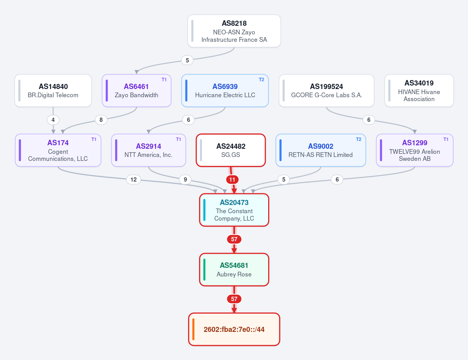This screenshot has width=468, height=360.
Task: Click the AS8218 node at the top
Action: pos(234,31)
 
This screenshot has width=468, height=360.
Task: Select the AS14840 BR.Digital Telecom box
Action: pos(53,91)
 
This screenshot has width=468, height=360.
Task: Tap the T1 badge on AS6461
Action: pos(164,80)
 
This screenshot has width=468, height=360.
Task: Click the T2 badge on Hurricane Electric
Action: pos(261,80)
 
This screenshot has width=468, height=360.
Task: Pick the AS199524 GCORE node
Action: pos(327,91)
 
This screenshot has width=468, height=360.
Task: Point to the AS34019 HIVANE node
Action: pos(419,91)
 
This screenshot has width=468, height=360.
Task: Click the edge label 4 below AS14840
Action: pos(53,120)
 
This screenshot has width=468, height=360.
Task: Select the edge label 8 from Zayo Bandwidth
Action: pos(101,120)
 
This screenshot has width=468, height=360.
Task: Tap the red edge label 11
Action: pos(232,180)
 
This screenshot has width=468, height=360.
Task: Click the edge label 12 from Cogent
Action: pos(133,180)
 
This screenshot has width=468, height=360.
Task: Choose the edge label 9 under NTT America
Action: pos(185,180)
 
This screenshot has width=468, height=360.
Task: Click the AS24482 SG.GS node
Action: pos(231,150)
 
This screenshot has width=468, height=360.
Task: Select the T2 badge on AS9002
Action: pos(358,139)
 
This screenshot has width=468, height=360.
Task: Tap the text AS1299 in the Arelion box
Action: pos(415,143)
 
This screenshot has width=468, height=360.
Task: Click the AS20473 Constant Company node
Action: pos(234,210)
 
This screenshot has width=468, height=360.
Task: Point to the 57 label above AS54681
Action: pos(234,239)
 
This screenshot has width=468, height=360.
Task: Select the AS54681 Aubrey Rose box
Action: pos(234,270)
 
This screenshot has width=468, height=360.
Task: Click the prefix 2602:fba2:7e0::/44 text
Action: pos(234,330)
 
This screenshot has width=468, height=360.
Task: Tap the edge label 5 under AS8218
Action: pos(187,60)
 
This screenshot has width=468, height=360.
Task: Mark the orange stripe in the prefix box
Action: pos(194,330)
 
